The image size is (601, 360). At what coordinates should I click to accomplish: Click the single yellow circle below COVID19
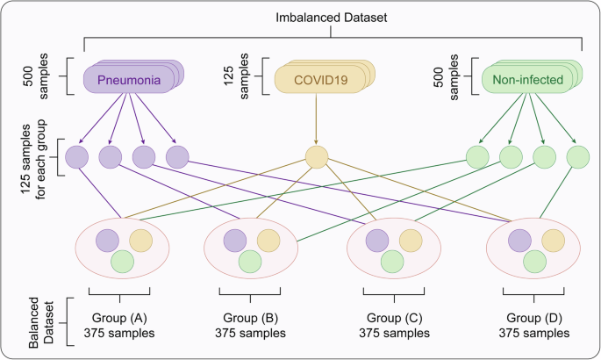click(x=317, y=158)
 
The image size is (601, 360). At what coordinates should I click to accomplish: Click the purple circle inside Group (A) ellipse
click(x=107, y=241)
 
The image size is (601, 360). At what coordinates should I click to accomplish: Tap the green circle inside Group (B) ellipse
click(x=250, y=261)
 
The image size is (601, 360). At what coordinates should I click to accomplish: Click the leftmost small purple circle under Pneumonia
click(x=75, y=158)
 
